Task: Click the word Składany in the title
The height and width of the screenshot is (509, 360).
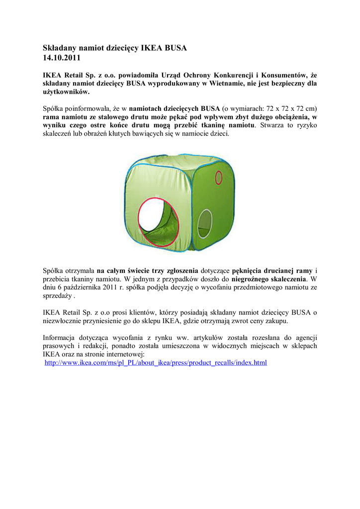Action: coord(59,48)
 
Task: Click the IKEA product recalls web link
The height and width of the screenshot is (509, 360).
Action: coord(156,363)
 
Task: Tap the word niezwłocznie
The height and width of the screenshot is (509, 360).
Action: coord(64,321)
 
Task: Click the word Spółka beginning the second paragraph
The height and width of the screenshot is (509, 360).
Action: coord(55,108)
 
